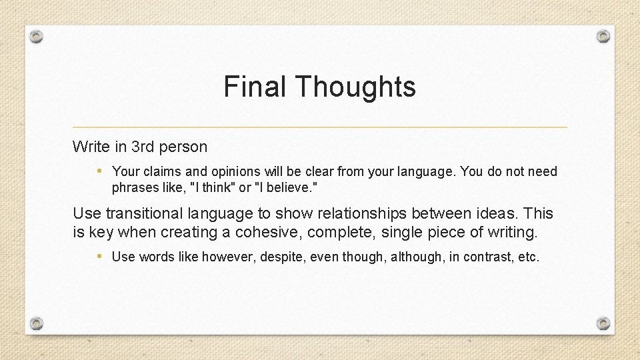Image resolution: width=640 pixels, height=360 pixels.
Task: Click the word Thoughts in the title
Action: tap(355, 87)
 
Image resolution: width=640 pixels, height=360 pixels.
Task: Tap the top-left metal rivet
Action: tap(37, 36)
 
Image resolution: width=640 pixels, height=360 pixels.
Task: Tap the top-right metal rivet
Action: tap(603, 36)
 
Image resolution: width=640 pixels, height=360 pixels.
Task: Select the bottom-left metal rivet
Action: tap(37, 323)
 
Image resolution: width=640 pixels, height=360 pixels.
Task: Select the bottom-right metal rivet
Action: tap(603, 323)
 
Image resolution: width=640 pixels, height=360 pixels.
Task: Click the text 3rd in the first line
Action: tap(149, 147)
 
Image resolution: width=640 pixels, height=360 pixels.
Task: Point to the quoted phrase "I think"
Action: tap(213, 188)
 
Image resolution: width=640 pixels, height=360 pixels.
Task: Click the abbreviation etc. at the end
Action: tap(529, 257)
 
